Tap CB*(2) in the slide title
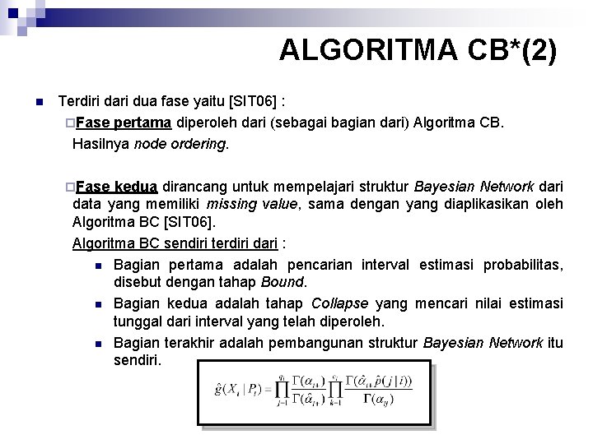(x=519, y=50)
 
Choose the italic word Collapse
(x=339, y=303)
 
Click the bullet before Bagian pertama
(x=97, y=265)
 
